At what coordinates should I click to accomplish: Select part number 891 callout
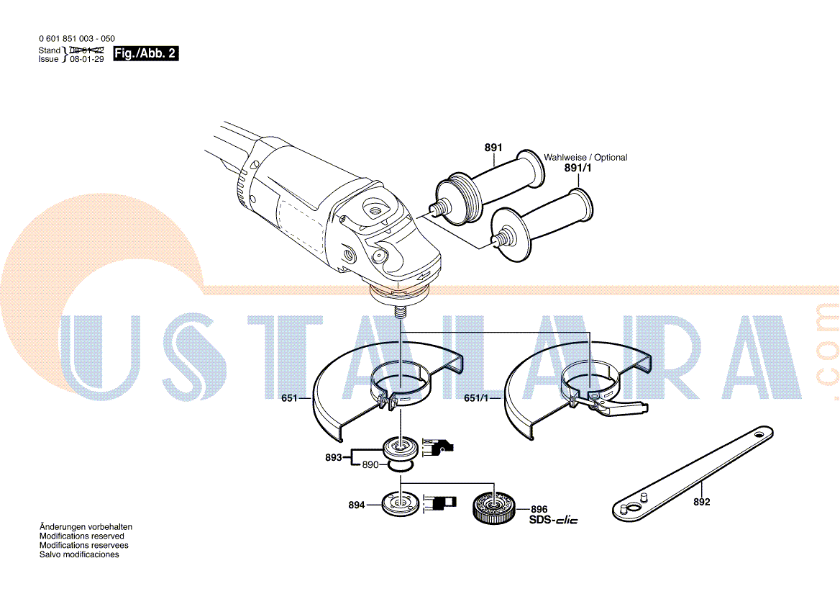coord(493,148)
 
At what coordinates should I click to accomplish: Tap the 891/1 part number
coord(580,168)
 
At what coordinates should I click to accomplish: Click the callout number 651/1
coord(475,398)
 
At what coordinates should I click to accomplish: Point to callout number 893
coord(333,457)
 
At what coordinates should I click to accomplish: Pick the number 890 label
coord(370,465)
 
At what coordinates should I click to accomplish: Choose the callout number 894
coord(356,505)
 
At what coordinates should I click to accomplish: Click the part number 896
coord(539,509)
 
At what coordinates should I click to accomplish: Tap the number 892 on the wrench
coord(701,502)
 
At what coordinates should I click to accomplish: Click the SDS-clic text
coord(553,520)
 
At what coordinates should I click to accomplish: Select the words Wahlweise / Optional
coord(585,157)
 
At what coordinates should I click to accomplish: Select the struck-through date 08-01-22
coord(86,50)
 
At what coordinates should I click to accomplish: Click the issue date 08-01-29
coord(86,60)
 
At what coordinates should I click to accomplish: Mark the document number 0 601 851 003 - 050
coord(76,39)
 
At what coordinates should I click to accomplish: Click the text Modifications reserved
coord(81,536)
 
